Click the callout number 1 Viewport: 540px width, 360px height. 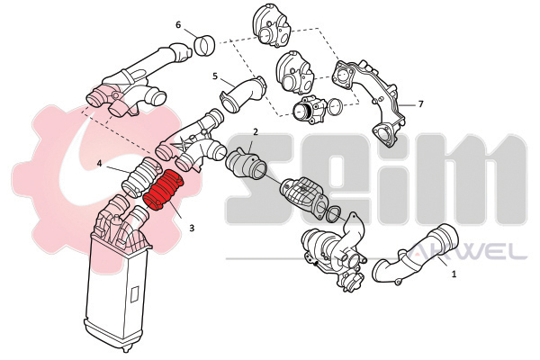click(454, 274)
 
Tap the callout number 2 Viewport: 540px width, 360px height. click(256, 132)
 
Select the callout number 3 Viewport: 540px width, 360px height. click(192, 228)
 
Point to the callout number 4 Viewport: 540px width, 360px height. click(99, 164)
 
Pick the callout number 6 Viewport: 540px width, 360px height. click(178, 25)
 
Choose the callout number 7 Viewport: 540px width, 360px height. click(420, 103)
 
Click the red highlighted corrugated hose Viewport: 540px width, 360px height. click(163, 190)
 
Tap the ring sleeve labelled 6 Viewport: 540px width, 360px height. click(205, 46)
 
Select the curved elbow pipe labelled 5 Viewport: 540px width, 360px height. click(244, 93)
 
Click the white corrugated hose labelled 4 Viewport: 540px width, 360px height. click(142, 176)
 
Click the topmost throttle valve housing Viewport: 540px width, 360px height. click(272, 29)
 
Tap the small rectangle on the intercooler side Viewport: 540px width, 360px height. click(135, 295)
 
